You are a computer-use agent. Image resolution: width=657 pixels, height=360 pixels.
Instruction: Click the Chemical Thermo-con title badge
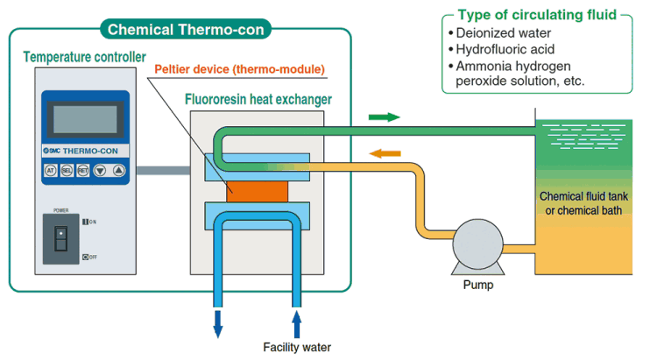187,30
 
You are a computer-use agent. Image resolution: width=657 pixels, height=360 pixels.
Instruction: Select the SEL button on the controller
67,171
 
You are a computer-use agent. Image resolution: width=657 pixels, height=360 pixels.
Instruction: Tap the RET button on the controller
84,171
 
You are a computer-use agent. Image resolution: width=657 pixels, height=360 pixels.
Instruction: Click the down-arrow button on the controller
102,171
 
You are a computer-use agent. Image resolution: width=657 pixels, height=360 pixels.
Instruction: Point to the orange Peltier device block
257,189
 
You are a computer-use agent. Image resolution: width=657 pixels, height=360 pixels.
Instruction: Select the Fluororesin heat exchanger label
258,99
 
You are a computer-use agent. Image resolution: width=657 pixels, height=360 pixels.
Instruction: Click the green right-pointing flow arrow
384,116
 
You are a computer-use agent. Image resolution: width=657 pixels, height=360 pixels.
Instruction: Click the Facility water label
297,347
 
